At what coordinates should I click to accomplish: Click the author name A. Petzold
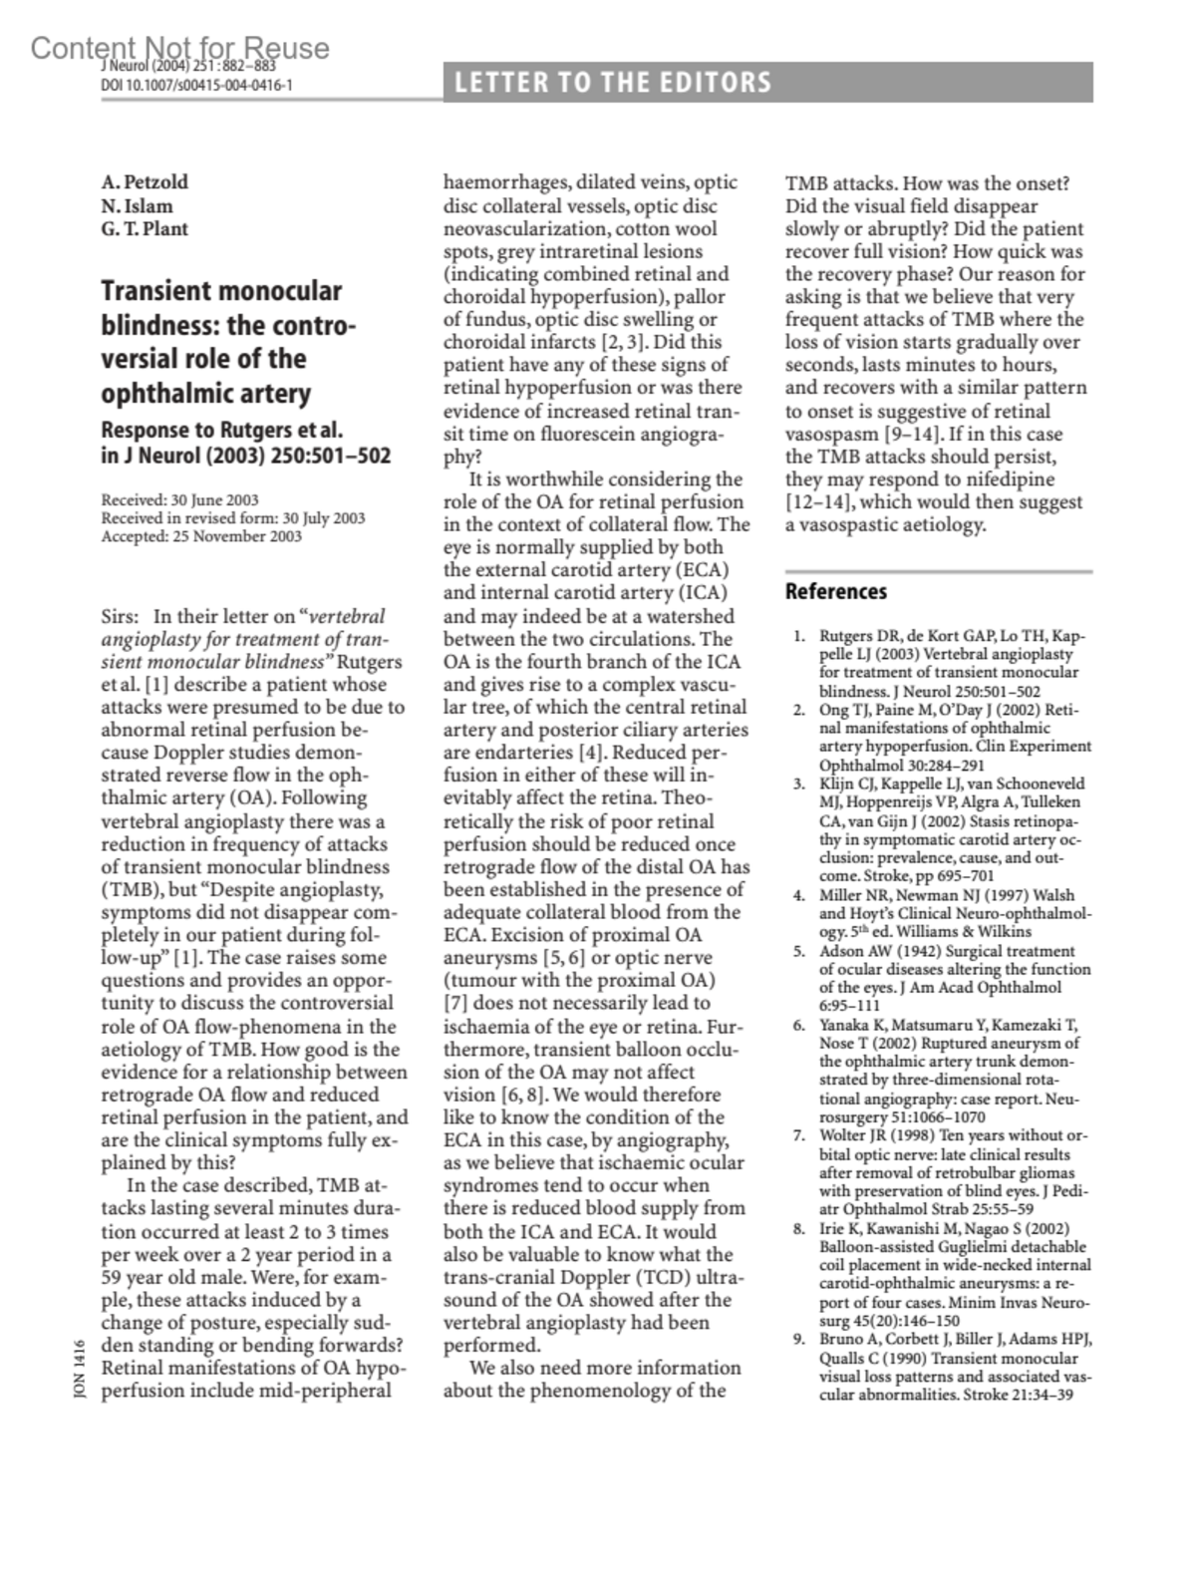(x=145, y=182)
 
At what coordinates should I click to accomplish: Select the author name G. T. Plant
(x=145, y=228)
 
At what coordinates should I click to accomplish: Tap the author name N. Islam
(x=137, y=205)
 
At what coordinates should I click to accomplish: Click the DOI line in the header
(x=196, y=85)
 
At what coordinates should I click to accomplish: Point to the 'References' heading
(x=835, y=591)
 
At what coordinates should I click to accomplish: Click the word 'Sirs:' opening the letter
(x=121, y=616)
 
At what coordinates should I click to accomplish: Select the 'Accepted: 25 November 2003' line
(x=201, y=536)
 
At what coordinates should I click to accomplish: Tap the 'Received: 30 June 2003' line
(x=179, y=500)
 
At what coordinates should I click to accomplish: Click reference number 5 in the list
(x=799, y=951)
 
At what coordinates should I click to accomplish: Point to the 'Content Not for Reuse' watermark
(x=179, y=48)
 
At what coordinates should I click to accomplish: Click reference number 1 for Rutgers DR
(x=799, y=636)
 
